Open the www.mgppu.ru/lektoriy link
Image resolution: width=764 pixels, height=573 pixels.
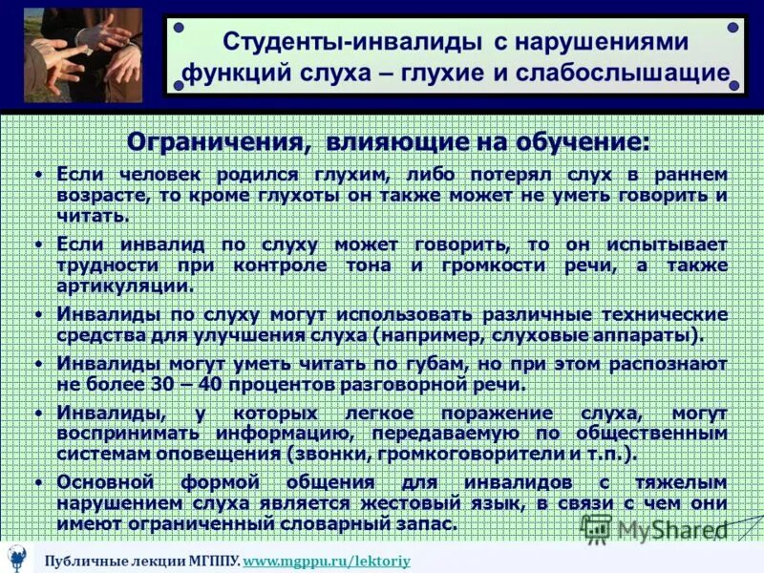pyautogui.click(x=327, y=561)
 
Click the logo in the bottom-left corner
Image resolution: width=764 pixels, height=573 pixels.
pyautogui.click(x=17, y=558)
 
